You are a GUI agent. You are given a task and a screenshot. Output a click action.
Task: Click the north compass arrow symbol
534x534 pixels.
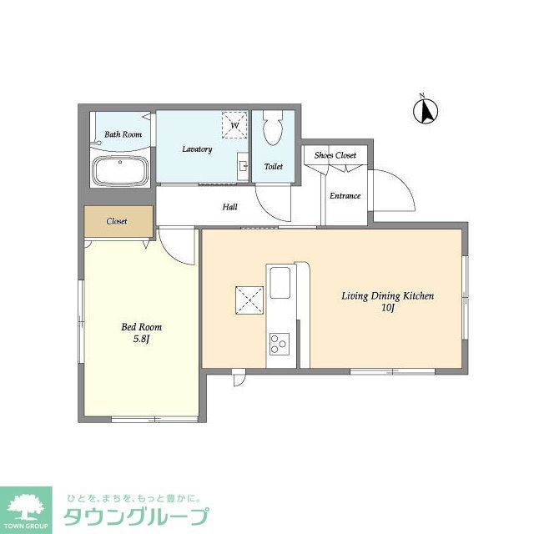(x=426, y=111)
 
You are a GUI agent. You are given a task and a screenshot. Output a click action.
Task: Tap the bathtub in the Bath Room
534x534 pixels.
(x=120, y=170)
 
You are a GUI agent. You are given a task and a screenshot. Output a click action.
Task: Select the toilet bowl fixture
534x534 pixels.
(x=273, y=128)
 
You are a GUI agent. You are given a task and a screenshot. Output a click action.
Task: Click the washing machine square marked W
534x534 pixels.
(x=234, y=124)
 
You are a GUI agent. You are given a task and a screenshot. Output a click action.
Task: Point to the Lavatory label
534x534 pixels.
(x=197, y=149)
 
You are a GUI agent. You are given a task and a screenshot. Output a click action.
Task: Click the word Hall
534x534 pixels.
(x=230, y=207)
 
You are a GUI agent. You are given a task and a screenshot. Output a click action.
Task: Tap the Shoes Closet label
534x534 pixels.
(x=335, y=155)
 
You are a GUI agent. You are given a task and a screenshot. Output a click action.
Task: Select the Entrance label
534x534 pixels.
(x=345, y=196)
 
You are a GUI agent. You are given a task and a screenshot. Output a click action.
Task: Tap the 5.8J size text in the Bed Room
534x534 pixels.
(x=141, y=340)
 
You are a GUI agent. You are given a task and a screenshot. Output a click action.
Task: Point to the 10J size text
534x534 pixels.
(x=387, y=308)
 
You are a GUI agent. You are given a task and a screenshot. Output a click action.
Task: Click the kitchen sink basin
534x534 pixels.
(x=280, y=283)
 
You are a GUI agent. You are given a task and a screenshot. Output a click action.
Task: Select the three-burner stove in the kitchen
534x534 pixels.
(x=280, y=344)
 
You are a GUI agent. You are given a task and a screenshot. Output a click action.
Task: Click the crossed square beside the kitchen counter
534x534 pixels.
(x=249, y=300)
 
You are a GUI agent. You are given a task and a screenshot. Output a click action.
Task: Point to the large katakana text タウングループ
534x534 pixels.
(x=136, y=516)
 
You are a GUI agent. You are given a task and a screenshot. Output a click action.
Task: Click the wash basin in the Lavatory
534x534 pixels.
(x=243, y=166)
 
